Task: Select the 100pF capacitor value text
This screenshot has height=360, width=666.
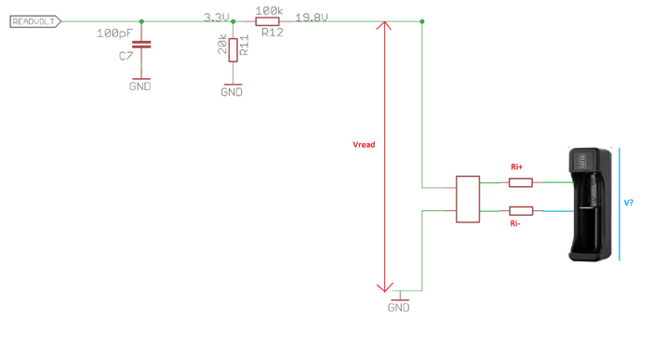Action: (113, 33)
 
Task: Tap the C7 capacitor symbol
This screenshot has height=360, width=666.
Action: (140, 45)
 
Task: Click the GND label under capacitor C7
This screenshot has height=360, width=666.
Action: (140, 87)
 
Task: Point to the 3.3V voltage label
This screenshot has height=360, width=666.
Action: (217, 16)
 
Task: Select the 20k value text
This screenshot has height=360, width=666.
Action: (222, 48)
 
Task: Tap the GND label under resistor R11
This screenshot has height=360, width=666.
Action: (232, 92)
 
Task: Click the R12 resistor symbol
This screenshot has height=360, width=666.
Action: (268, 20)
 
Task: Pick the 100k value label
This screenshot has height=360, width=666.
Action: (268, 9)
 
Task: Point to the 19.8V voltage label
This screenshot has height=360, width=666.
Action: (311, 17)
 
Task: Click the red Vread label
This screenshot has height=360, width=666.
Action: (364, 145)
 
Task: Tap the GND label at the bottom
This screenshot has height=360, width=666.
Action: (398, 307)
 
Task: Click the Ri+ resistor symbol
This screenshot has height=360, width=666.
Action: (521, 183)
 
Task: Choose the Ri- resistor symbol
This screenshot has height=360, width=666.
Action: (521, 211)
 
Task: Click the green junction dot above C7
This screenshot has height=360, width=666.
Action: (140, 20)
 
